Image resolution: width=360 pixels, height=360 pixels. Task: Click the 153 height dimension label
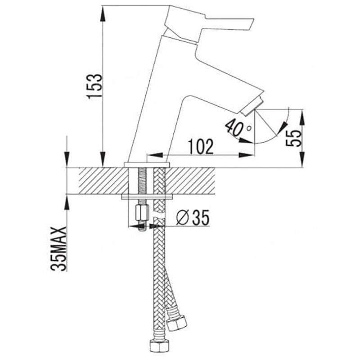94,86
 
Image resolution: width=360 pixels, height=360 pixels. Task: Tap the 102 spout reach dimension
200,147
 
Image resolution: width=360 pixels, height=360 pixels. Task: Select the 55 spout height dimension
294,138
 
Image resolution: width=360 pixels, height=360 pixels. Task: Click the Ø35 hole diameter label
193,217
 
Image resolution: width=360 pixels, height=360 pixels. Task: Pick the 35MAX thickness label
59,249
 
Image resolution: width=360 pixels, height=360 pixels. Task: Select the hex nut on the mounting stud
142,213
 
